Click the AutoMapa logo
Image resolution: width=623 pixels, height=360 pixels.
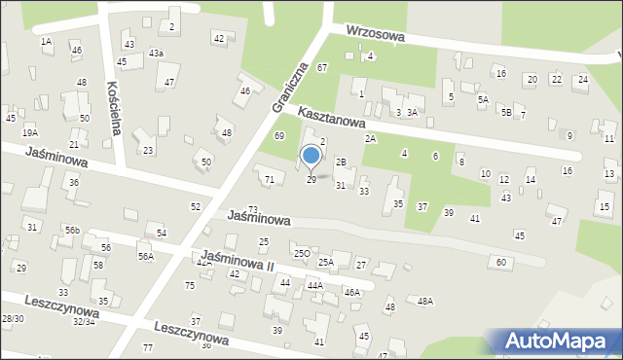coord(556,341)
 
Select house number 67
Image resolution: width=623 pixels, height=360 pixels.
coord(321,66)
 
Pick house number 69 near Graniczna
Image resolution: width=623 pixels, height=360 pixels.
coord(278,135)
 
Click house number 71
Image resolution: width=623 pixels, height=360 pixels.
coord(269,180)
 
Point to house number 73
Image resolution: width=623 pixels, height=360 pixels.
coord(253,209)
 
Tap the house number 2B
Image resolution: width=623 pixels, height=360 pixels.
coord(341,162)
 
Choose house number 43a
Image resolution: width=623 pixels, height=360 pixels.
coord(156,53)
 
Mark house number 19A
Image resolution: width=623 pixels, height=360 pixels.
coord(30,132)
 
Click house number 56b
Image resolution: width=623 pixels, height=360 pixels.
coord(72,230)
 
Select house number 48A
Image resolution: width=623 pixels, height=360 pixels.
coord(425,302)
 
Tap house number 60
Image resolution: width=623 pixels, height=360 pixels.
coord(501,263)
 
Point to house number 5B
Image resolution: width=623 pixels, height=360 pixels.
coord(506,112)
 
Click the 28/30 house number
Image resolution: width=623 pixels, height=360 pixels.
coord(13,319)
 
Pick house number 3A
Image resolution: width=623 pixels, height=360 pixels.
coord(412,113)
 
